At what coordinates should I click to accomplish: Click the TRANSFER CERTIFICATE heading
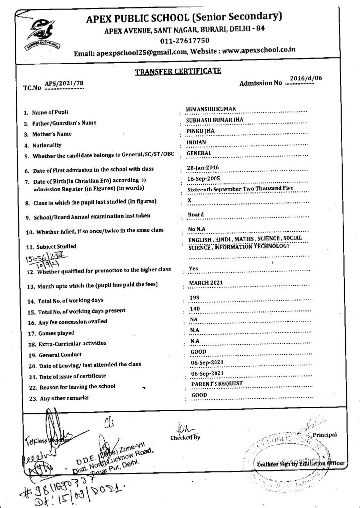(x=178, y=72)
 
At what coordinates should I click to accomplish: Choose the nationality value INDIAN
(x=196, y=142)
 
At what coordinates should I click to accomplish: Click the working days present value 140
(x=195, y=308)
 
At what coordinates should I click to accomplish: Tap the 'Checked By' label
(x=184, y=438)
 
